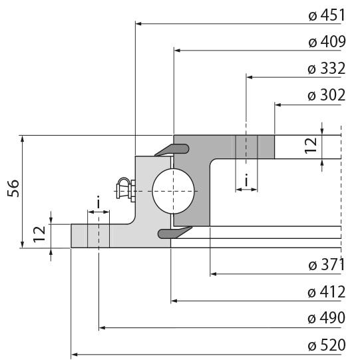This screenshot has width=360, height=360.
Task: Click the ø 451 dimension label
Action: click(x=326, y=16)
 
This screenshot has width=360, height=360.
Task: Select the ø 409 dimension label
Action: click(x=326, y=42)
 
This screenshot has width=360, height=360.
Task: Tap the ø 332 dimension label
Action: click(x=326, y=69)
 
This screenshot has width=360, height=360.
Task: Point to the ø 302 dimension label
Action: click(x=326, y=95)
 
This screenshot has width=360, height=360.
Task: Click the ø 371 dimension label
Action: click(x=326, y=265)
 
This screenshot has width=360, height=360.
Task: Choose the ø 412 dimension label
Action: click(x=326, y=291)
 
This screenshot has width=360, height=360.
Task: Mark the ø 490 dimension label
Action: click(x=326, y=318)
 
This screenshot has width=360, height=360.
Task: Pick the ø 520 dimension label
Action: click(x=326, y=345)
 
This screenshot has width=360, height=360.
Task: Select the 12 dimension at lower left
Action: click(x=39, y=232)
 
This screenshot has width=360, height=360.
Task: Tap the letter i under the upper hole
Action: click(x=246, y=180)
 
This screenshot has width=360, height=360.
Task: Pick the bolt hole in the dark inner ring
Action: click(x=246, y=147)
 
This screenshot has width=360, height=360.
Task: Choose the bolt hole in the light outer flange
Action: click(x=98, y=236)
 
